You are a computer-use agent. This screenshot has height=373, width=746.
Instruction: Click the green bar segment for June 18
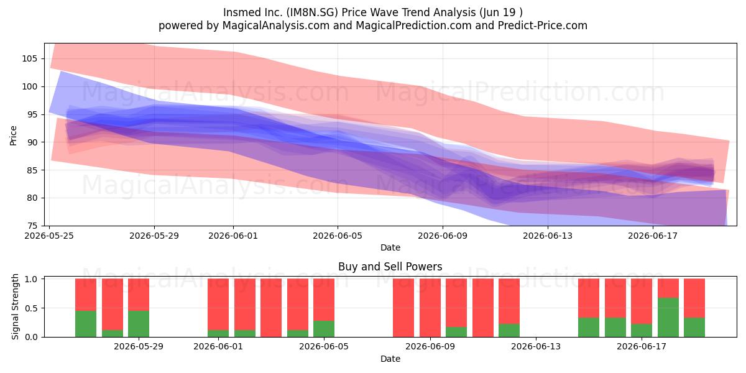coord(668,318)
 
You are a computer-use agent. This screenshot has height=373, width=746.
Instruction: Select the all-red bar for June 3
coord(271,308)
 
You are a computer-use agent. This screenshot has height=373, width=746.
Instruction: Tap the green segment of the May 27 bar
coord(86,324)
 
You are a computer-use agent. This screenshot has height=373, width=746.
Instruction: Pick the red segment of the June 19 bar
coord(694,298)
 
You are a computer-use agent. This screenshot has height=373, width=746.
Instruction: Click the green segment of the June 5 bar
coord(324,329)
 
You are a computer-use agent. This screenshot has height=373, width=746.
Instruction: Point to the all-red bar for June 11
coord(483,308)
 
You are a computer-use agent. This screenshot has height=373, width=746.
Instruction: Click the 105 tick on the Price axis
coord(29,59)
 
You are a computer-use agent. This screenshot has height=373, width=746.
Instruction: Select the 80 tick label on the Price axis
coord(32,198)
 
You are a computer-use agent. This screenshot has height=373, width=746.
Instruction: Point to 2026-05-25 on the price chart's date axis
coord(49,236)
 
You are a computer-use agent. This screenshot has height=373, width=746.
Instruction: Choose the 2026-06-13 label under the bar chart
coord(536,347)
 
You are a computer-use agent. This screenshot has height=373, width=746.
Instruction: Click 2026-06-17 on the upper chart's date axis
coord(653,236)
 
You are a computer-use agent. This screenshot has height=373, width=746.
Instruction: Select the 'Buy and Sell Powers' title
coord(390,267)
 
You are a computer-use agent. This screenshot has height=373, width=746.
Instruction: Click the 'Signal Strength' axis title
coord(15,306)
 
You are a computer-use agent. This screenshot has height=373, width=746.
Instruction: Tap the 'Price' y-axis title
coord(13,136)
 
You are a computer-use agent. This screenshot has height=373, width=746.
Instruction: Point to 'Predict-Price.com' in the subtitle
coord(543,25)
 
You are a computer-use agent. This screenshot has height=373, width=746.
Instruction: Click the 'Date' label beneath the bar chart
coord(390,359)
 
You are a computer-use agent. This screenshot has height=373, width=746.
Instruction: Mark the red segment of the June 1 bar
coord(218,304)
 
